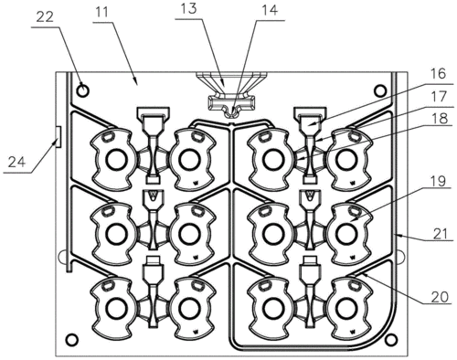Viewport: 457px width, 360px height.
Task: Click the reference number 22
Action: tap(45, 17)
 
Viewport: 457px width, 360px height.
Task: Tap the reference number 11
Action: tap(101, 12)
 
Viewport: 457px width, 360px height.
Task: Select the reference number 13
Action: tap(188, 8)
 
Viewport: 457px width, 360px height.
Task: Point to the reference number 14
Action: tap(270, 10)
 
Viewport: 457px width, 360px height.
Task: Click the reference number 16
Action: tap(439, 74)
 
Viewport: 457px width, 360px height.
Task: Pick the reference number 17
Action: tap(439, 97)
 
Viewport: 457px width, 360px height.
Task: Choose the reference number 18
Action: tap(439, 119)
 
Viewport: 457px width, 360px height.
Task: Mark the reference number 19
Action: tap(439, 182)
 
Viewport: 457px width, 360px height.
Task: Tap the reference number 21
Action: tap(441, 234)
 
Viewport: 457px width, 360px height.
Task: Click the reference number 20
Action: tap(441, 296)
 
